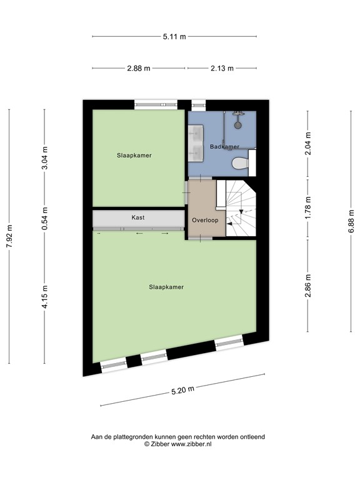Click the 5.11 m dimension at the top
(x=174, y=37)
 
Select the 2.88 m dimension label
(x=138, y=68)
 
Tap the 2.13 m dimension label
(x=221, y=68)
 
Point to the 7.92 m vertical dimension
(x=9, y=236)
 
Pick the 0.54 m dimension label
(x=44, y=217)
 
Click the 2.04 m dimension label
(x=307, y=144)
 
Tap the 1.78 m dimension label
(x=307, y=209)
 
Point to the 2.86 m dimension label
(x=307, y=286)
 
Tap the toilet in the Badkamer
(x=239, y=164)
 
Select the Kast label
(x=138, y=218)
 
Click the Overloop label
(x=204, y=220)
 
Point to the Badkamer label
(x=224, y=147)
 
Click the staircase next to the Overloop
(x=240, y=209)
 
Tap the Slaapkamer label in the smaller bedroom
(x=134, y=155)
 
